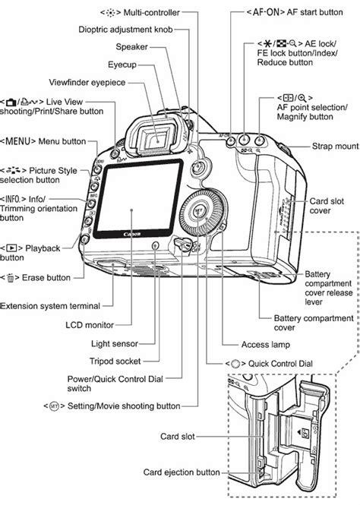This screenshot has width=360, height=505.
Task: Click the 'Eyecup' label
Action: tap(142, 66)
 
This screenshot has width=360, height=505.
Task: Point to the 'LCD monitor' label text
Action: tap(90, 324)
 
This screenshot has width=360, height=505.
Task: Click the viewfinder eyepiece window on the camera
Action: tap(157, 137)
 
